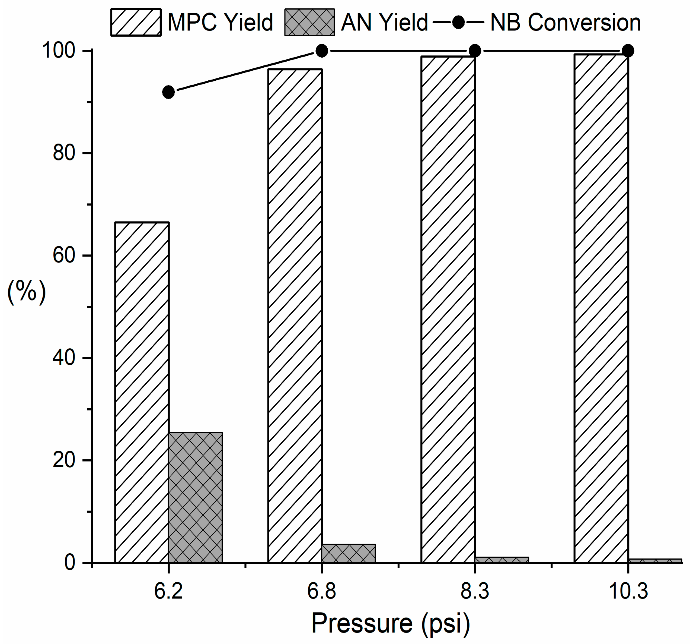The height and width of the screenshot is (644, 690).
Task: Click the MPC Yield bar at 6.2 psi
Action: (x=142, y=393)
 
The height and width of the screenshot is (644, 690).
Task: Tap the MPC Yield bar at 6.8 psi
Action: (x=295, y=316)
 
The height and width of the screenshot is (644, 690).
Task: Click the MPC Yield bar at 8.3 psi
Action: (x=448, y=309)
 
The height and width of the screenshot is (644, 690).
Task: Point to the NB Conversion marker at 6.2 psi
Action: (x=169, y=92)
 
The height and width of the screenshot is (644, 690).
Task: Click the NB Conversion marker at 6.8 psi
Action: (x=322, y=51)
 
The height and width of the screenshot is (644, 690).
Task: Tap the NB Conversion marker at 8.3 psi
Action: (x=475, y=51)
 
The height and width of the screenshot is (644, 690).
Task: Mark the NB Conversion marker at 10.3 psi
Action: (x=628, y=51)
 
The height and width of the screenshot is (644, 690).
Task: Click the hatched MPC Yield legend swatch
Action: (x=136, y=23)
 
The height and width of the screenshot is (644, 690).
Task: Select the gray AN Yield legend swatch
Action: (x=309, y=23)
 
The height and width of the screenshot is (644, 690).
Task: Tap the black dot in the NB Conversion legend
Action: (x=458, y=23)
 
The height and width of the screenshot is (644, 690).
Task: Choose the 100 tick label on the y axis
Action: (x=59, y=51)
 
